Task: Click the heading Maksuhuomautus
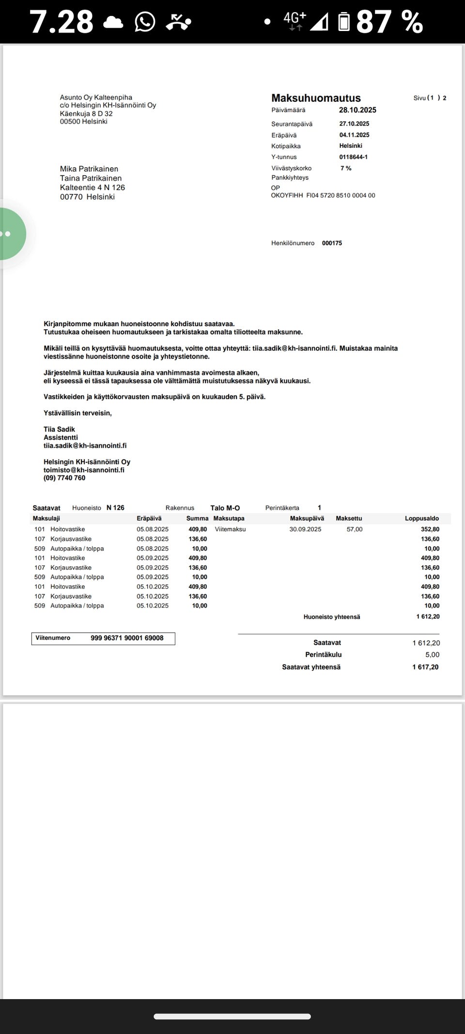[x=316, y=98]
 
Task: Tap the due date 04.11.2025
[x=354, y=135]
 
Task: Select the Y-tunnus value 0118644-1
[x=353, y=157]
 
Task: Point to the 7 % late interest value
[x=346, y=168]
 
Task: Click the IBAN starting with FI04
[x=341, y=195]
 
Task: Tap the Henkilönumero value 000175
[x=332, y=243]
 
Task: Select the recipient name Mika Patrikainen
[x=89, y=169]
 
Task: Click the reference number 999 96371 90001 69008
[x=127, y=638]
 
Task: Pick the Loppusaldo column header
[x=421, y=519]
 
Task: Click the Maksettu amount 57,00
[x=355, y=529]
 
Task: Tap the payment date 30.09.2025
[x=305, y=529]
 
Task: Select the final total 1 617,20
[x=425, y=667]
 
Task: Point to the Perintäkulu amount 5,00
[x=432, y=655]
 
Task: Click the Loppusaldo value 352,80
[x=430, y=529]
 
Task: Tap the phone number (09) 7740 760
[x=64, y=478]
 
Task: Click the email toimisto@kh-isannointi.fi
[x=84, y=470]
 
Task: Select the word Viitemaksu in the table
[x=230, y=529]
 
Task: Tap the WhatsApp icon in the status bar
[x=145, y=22]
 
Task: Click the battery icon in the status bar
[x=344, y=22]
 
